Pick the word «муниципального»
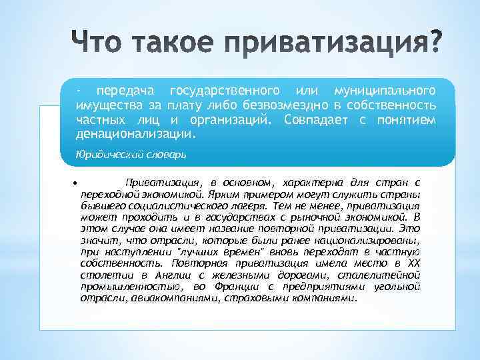point(386,90)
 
